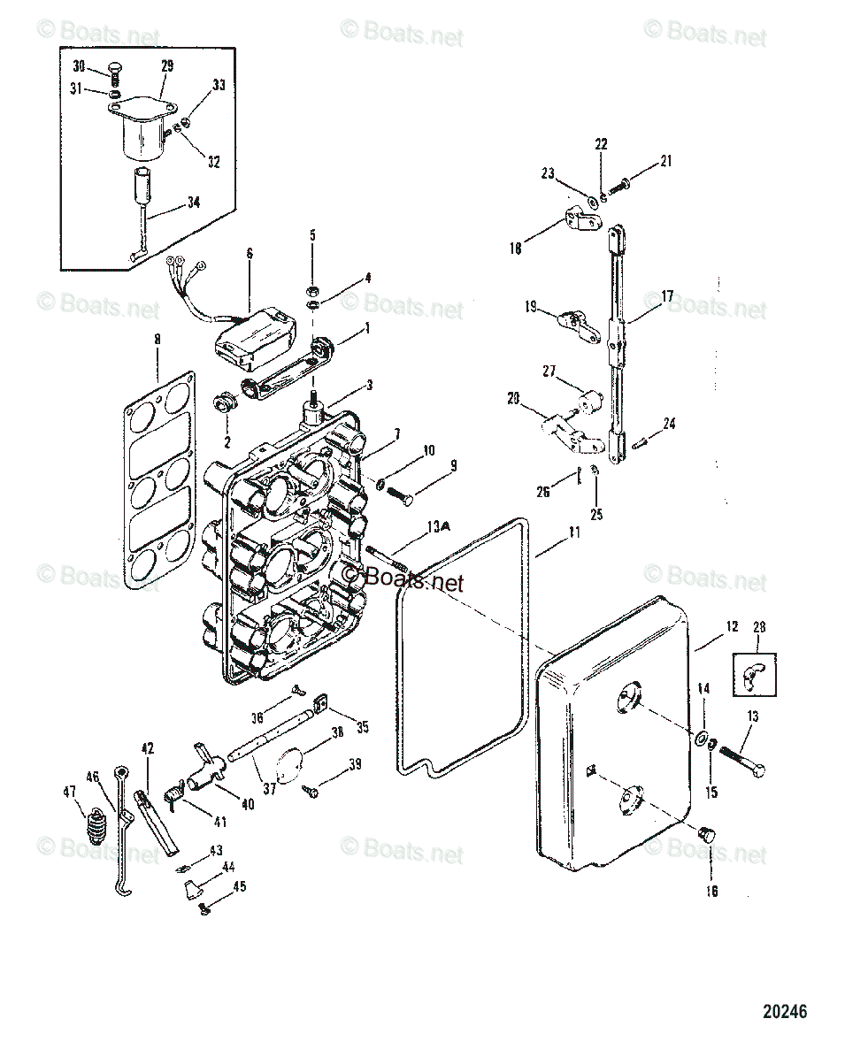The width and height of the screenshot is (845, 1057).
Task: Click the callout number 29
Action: [167, 66]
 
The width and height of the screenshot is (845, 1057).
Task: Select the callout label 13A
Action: [438, 525]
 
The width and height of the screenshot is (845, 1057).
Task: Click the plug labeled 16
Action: [706, 834]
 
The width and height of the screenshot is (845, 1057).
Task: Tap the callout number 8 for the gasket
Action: [157, 339]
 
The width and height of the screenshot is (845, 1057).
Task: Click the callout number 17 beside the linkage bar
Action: [667, 296]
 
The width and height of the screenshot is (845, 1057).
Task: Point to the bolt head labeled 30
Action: [114, 70]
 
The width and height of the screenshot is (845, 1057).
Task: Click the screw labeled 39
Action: [311, 789]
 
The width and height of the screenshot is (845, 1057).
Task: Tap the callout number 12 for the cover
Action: [732, 626]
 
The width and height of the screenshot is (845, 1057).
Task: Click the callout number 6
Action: [250, 253]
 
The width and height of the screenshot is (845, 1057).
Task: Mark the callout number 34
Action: [193, 203]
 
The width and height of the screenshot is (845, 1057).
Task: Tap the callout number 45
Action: [240, 886]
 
